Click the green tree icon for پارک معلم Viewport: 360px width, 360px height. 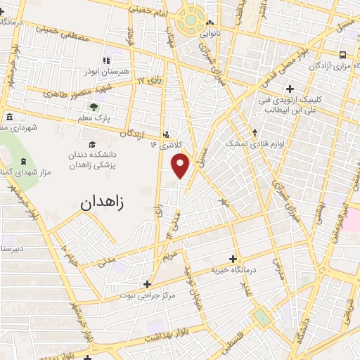[93, 107]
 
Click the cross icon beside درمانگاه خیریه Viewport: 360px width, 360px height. [233, 259]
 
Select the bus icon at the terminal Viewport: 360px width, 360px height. [342, 55]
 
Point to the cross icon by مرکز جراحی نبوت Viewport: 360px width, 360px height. [146, 284]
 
